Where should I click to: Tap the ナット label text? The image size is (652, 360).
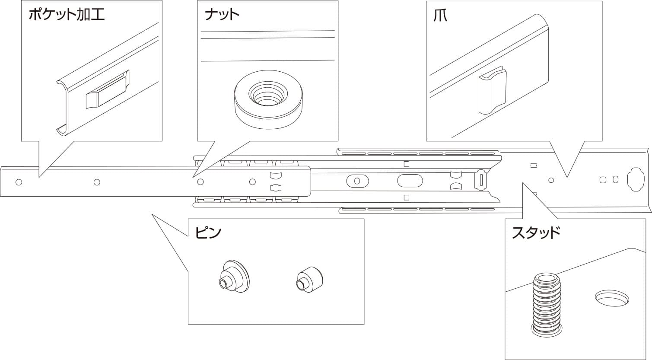222,15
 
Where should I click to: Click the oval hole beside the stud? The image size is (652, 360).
612,298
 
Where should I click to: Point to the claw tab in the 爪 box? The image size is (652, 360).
492,91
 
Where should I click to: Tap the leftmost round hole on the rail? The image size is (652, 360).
19,182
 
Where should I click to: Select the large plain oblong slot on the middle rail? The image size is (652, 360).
410,181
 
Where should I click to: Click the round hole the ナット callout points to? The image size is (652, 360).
200,182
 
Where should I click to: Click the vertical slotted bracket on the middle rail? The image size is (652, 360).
481,179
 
